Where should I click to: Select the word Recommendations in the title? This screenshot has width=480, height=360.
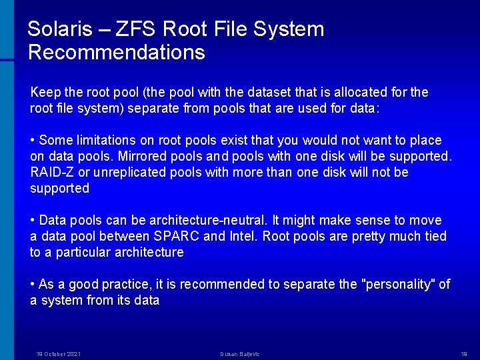(117, 52)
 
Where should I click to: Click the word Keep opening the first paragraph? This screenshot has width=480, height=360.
(45, 92)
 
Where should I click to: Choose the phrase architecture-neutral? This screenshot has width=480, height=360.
(207, 220)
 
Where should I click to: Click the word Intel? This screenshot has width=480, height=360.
(245, 236)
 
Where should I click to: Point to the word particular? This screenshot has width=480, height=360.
(83, 252)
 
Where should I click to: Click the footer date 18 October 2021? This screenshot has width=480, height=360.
(58, 354)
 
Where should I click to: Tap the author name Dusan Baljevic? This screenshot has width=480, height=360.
(241, 354)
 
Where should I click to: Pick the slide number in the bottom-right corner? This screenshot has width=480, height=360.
(464, 354)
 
